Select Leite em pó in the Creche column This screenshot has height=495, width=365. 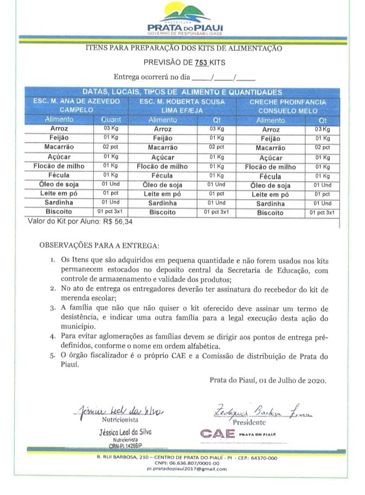point(271,194)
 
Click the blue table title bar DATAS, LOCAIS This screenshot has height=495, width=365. point(182,92)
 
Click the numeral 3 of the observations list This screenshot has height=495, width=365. point(53,307)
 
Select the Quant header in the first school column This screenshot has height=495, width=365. point(111,120)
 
